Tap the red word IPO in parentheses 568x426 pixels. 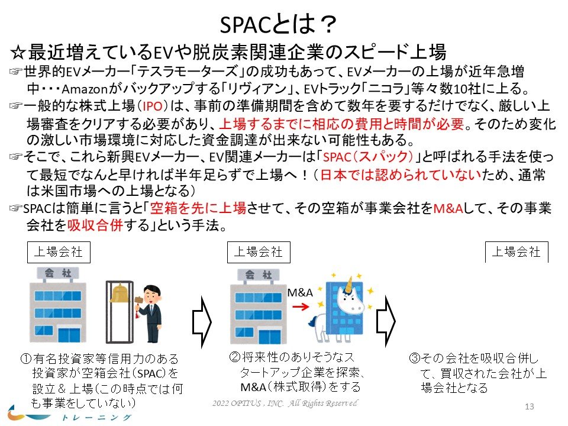152,106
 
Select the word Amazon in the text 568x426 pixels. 85,89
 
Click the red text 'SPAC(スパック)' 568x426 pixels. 367,157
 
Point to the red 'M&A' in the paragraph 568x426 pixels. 448,208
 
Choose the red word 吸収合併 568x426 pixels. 95,225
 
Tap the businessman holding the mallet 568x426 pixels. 150,314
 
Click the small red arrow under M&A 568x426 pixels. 301,307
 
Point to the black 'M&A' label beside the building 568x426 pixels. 300,292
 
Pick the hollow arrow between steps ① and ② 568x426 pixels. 202,322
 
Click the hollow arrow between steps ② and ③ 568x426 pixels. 386,321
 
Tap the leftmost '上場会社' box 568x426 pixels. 59,252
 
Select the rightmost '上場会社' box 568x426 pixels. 517,252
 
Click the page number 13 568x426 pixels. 530,406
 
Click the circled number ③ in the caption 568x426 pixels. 414,359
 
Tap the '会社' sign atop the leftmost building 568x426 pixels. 58,273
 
